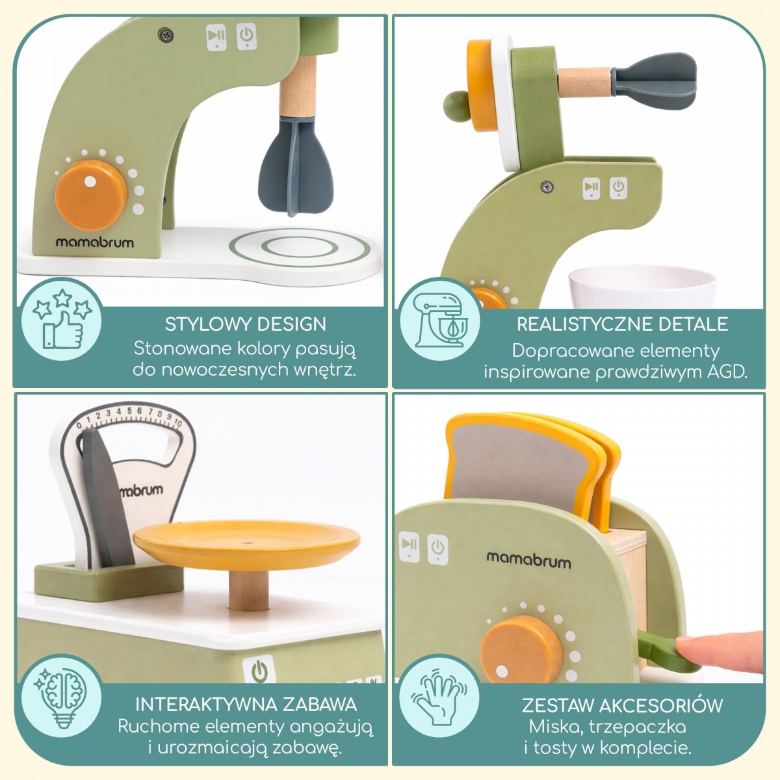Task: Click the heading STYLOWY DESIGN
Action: point(245,324)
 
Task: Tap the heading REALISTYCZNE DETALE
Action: point(622,324)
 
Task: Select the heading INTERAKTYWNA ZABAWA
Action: point(246,705)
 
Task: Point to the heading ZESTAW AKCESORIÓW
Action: point(622,705)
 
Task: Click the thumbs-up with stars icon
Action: point(62,318)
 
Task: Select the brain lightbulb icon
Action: point(62,699)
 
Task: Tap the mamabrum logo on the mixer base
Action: point(94,242)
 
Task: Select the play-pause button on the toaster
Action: point(409,547)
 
